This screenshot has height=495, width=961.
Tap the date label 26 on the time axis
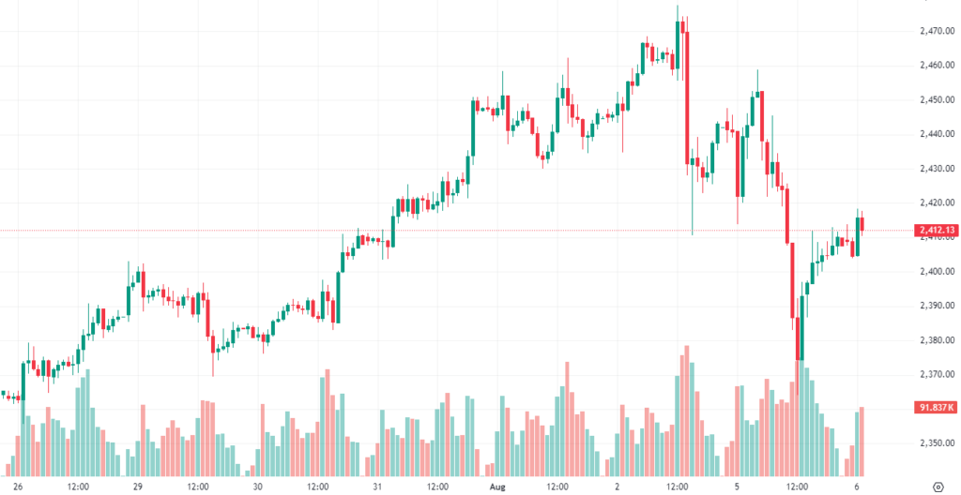click(17, 487)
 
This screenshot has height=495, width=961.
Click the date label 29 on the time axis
click(137, 487)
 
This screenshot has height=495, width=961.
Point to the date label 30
click(257, 487)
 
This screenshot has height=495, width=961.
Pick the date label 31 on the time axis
click(376, 487)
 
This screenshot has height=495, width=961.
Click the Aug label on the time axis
click(496, 487)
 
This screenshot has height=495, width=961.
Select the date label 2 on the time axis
click(617, 487)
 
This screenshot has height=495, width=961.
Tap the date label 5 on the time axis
click(737, 487)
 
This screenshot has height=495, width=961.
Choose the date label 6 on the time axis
click(857, 487)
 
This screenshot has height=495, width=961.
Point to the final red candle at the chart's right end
click(862, 224)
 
